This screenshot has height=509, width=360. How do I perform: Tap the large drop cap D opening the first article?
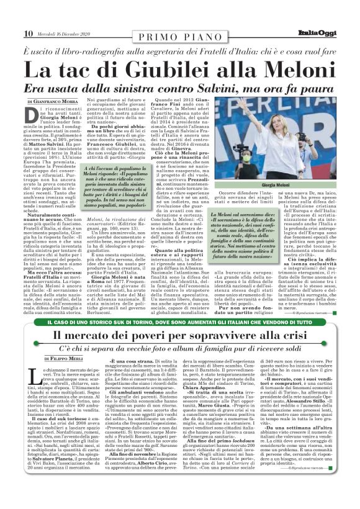click(x=32, y=114)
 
